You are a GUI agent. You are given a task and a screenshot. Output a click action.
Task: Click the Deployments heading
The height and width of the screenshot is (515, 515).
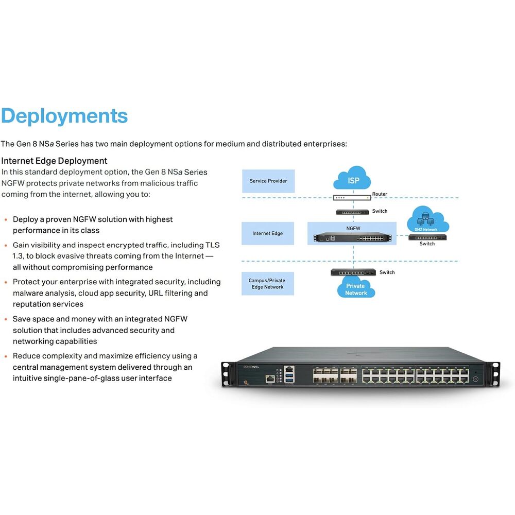pos(64,116)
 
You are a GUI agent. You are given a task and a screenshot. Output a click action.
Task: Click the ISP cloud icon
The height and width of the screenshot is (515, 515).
pos(352,178)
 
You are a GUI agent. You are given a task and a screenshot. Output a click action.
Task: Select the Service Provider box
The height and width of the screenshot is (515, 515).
pos(268,181)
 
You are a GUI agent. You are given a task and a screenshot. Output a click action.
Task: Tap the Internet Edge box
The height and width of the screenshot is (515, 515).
pos(268,233)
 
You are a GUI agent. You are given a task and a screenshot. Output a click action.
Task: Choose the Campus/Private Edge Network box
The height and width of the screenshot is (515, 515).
pos(268,283)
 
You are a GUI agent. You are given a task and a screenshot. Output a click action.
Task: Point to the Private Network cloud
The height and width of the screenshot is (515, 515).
pos(356,288)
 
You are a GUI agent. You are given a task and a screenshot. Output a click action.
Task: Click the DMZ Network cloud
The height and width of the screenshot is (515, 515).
pos(428,219)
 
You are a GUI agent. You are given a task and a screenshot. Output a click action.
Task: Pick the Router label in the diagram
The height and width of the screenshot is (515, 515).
pos(380,194)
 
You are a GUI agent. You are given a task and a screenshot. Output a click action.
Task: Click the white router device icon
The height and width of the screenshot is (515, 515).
pos(352,198)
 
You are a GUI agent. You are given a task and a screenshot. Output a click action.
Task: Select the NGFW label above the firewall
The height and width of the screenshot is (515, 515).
pos(353,228)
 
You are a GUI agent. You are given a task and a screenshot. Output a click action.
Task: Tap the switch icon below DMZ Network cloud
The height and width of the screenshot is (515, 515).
pos(427,237)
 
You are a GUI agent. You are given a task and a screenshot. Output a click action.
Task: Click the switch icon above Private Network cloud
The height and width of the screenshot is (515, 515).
pos(353,272)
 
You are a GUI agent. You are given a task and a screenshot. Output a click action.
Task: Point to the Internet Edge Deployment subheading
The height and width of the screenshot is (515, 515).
pos(54,161)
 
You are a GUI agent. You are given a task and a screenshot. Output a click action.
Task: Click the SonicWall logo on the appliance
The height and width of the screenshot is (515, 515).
pos(251,367)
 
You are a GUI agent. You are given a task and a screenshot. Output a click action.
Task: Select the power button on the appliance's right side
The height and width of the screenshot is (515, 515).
pos(475,379)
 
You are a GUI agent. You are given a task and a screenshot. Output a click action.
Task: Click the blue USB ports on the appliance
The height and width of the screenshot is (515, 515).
pos(289,377)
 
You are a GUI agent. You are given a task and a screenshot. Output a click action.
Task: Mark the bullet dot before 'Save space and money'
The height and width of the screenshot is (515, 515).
pos(6,319)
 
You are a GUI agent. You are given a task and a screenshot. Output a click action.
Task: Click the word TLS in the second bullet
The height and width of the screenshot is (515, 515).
pos(213,245)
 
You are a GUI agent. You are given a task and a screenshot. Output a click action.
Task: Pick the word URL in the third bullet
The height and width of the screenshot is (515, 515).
pos(156,293)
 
